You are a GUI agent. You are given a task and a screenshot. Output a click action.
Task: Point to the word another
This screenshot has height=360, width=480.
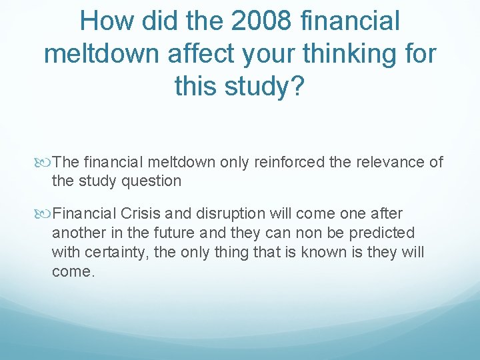78,233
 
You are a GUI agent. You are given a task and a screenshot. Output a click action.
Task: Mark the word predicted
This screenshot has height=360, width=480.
381,233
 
